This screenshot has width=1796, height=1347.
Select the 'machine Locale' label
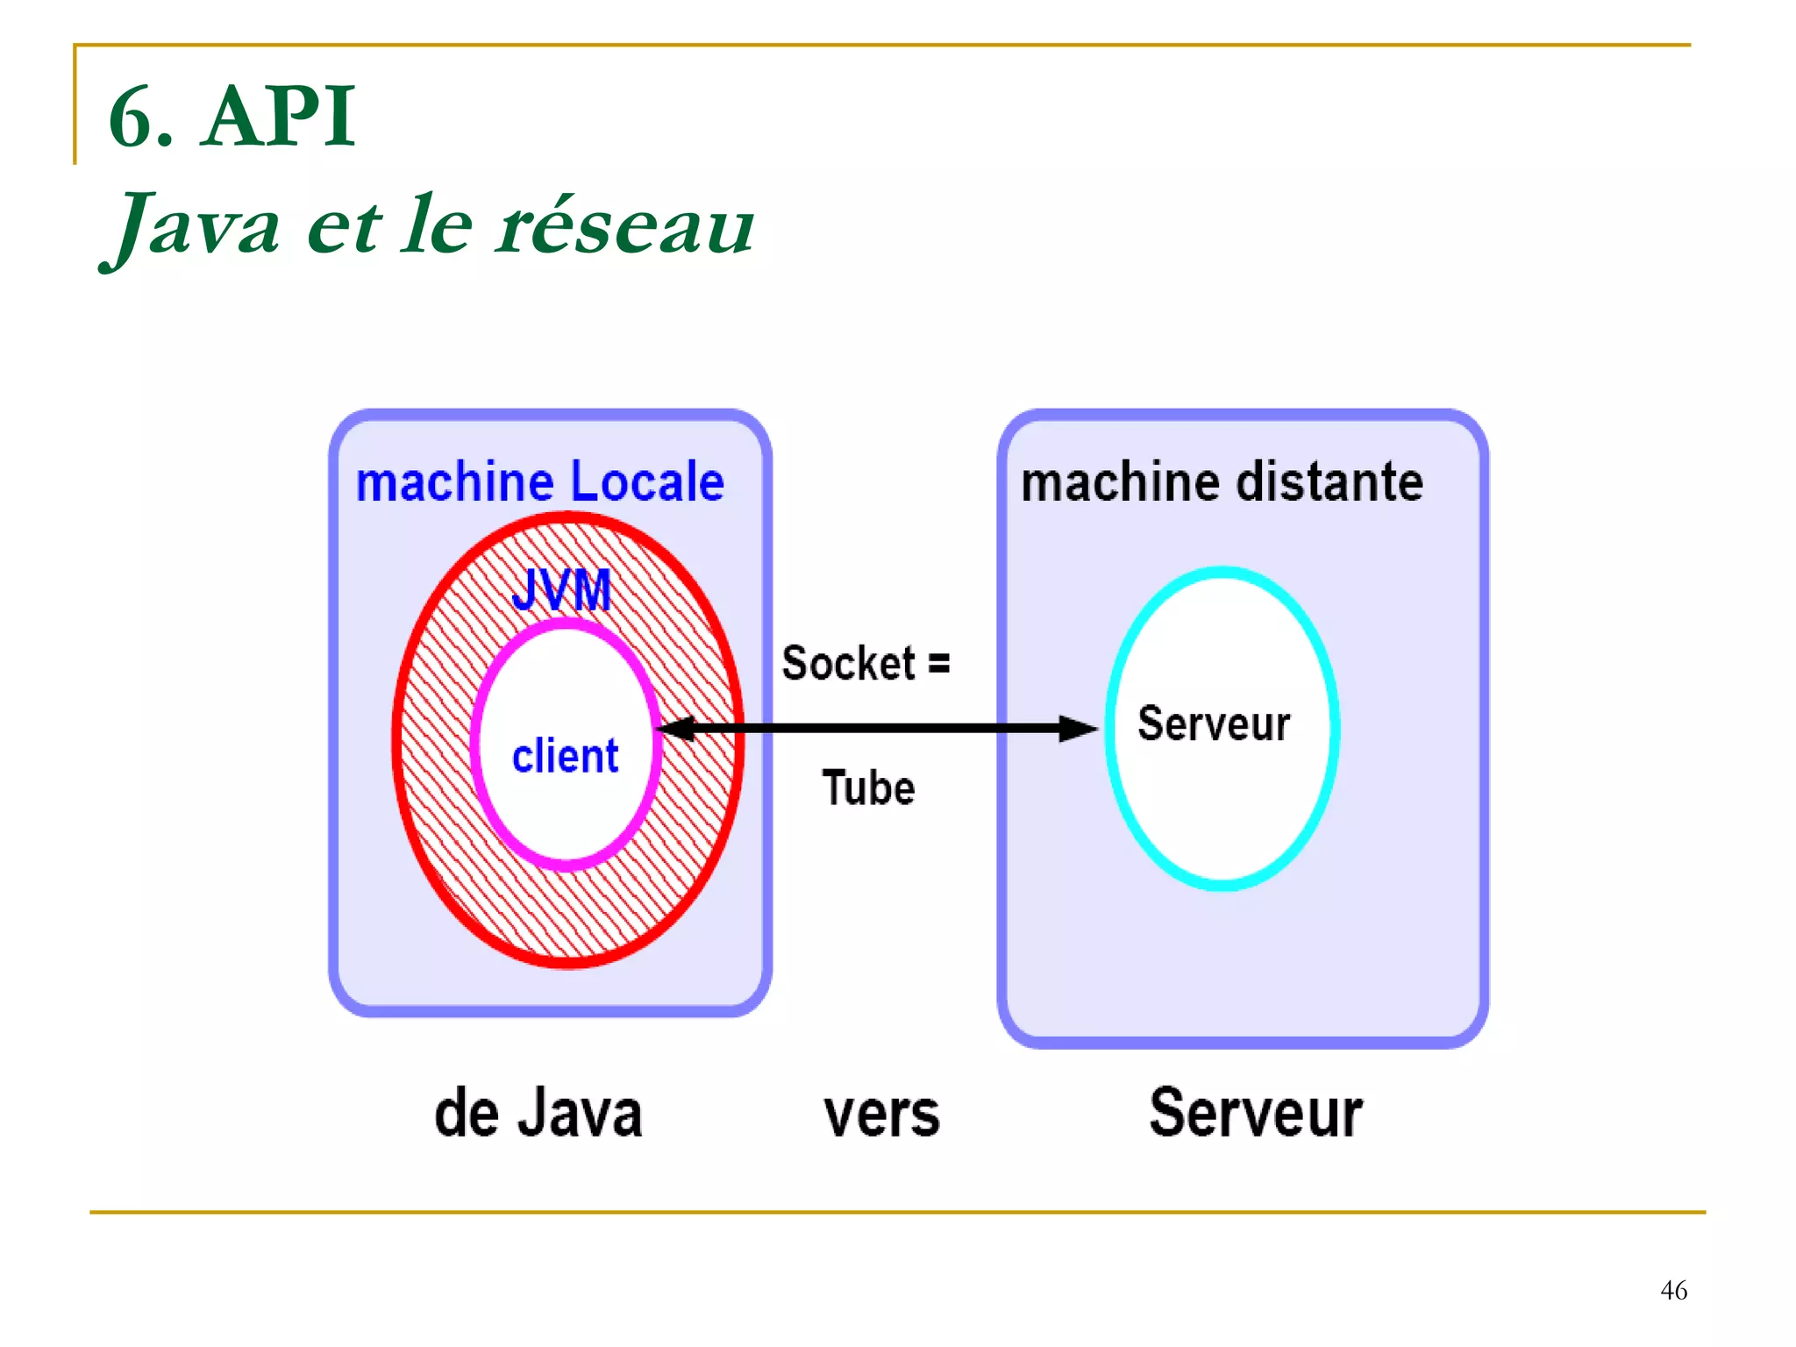click(539, 482)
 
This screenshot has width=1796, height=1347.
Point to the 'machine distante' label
click(1222, 482)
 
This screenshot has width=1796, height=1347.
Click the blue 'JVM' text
click(561, 590)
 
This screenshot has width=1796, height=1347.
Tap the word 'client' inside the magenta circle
click(565, 756)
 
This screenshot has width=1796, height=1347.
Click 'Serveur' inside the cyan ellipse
click(1214, 724)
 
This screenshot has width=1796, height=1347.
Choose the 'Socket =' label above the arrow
click(865, 663)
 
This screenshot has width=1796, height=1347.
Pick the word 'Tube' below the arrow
click(868, 788)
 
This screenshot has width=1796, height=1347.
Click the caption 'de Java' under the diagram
click(538, 1113)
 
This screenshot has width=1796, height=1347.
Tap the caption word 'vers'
click(881, 1115)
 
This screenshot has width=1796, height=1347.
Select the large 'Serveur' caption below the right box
click(1256, 1113)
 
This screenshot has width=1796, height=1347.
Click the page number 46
click(1673, 1290)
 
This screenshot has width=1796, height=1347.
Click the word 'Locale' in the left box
click(647, 482)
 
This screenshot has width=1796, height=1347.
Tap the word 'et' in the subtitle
click(344, 226)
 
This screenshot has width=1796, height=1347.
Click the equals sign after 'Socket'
click(939, 663)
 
